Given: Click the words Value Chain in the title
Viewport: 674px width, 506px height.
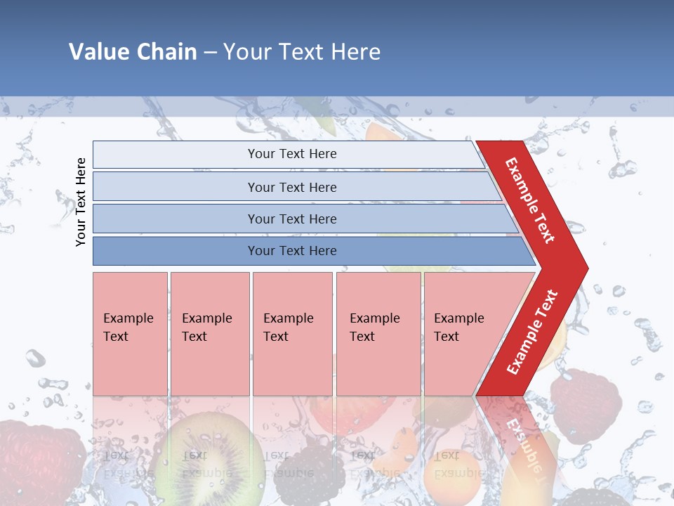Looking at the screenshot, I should pos(133,51).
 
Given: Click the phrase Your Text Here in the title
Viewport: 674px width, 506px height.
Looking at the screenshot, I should pos(302,51).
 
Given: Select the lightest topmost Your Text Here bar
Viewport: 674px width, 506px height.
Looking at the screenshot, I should pos(291,154).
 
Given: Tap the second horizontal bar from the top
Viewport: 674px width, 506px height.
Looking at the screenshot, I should pos(291,187).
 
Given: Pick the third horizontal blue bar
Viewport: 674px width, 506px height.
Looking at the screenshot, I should pos(291,219).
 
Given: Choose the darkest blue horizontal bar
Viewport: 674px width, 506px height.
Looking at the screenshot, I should pos(291,251).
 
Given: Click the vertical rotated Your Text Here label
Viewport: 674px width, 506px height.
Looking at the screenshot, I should pos(81,202).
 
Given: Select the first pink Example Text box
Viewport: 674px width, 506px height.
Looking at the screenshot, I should pos(130,334).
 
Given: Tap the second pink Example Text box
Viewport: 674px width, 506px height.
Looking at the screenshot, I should pos(209,334).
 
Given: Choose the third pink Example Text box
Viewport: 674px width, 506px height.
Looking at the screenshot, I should pos(292,334).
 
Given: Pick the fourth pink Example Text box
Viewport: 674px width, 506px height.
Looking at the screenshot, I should pos(378,334).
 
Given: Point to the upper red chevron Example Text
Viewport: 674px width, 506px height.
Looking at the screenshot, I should pos(531,200).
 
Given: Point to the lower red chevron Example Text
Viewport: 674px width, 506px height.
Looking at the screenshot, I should pos(532,332).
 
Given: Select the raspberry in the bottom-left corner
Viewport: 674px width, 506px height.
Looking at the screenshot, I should pos(39,457).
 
